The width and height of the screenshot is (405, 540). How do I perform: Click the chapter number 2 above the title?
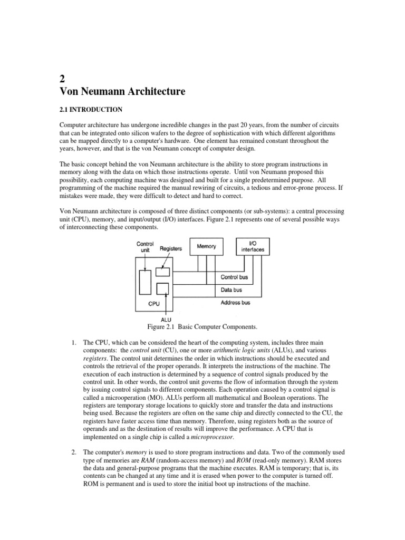pos(63,79)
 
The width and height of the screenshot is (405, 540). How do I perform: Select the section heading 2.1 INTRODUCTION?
pos(90,110)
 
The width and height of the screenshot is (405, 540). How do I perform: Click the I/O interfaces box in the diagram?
pos(253,246)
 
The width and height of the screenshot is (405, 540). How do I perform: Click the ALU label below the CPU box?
pos(166,319)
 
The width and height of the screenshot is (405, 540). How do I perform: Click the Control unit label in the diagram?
pos(144,247)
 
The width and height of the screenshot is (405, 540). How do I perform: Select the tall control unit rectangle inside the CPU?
pos(145,282)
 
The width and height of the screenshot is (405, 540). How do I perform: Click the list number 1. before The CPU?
pos(74,343)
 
